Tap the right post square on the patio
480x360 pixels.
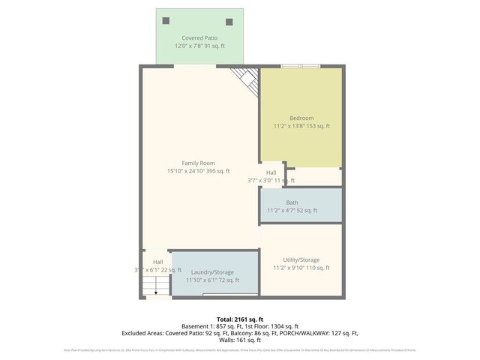pyautogui.click(x=229, y=22)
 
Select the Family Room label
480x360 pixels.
pyautogui.click(x=198, y=163)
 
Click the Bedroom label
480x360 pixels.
pyautogui.click(x=301, y=118)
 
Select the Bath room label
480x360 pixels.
pyautogui.click(x=292, y=202)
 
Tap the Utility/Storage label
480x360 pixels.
pyautogui.click(x=301, y=259)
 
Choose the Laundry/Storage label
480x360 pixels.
pyautogui.click(x=212, y=272)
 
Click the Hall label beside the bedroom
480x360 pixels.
pyautogui.click(x=271, y=172)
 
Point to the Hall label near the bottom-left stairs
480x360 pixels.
pyautogui.click(x=157, y=262)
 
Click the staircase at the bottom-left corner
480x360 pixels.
pyautogui.click(x=157, y=286)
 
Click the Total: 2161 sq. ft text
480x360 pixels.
pyautogui.click(x=240, y=319)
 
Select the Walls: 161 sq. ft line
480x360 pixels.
pyautogui.click(x=240, y=340)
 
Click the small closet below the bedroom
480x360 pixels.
pyautogui.click(x=313, y=176)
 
